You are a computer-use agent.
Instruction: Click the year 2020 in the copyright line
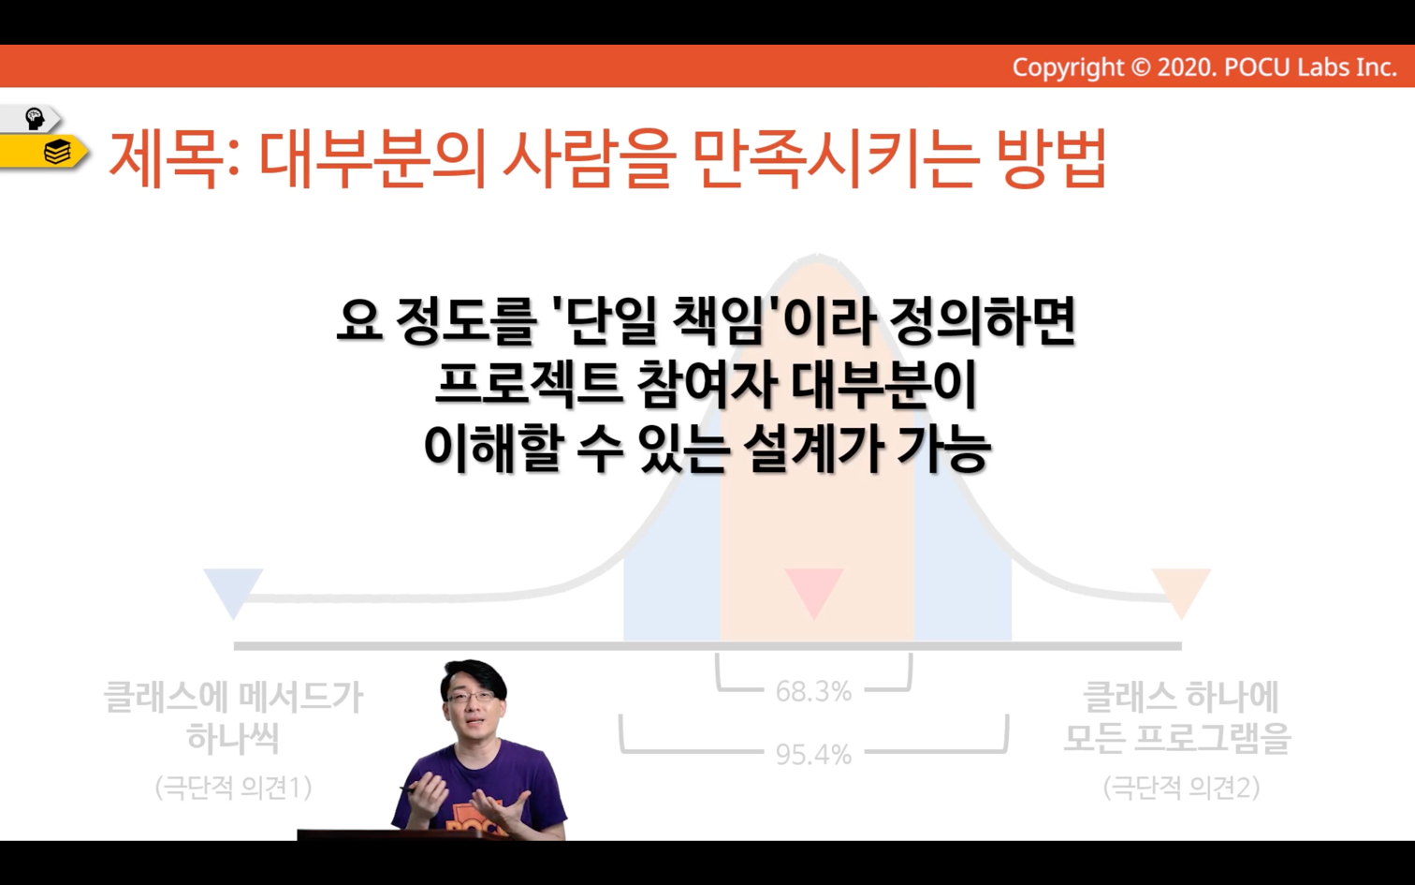point(1187,67)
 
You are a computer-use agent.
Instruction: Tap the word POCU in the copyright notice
point(1257,67)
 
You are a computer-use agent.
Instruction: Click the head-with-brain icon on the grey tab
point(35,119)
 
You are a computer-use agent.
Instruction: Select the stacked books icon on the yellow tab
point(57,153)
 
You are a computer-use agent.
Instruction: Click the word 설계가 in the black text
point(812,450)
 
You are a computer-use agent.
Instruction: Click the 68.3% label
point(813,691)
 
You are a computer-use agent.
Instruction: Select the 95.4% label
point(813,754)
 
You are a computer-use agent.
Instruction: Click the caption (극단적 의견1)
point(234,788)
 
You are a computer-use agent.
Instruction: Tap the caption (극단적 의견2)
point(1181,788)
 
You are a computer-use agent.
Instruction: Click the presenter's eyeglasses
point(471,696)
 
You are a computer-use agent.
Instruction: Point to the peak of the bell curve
point(817,256)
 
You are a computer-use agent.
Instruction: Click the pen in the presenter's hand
point(412,790)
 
